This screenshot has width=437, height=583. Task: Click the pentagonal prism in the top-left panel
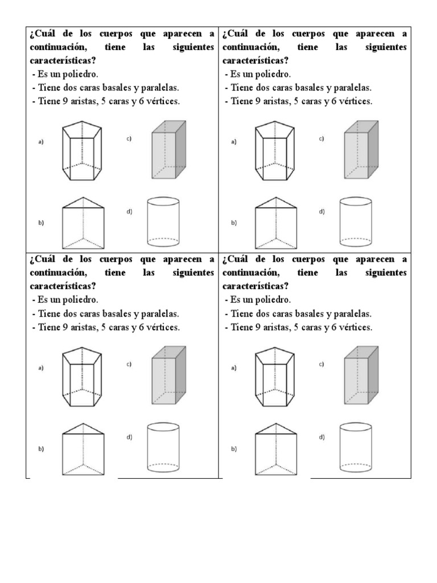click(83, 150)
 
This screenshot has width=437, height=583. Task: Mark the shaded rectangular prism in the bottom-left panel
click(168, 375)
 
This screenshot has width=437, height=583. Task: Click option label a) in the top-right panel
click(234, 142)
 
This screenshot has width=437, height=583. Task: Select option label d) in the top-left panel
click(129, 212)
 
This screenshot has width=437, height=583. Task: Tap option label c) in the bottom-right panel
click(321, 364)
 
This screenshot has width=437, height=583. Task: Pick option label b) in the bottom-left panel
click(42, 449)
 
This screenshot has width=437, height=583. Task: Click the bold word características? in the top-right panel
click(255, 60)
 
